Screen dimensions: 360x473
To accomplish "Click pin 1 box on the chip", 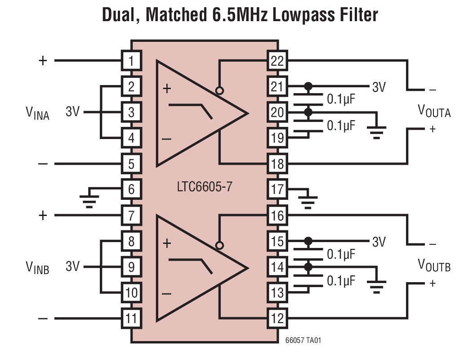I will (x=131, y=61).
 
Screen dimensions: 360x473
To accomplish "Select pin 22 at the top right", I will (x=277, y=61).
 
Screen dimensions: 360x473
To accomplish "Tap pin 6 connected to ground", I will (x=131, y=189).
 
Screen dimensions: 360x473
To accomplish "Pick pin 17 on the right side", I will (x=277, y=189).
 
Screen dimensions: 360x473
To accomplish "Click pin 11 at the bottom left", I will (x=131, y=319).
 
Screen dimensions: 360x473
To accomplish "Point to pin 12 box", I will (x=277, y=319).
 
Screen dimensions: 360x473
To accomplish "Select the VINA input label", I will (x=37, y=112).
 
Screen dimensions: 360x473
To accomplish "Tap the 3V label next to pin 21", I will (x=379, y=87).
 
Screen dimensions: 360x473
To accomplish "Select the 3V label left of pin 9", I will (x=72, y=266).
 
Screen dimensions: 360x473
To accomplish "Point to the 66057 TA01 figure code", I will (x=303, y=341).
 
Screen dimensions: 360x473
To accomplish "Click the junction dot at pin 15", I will (x=308, y=241).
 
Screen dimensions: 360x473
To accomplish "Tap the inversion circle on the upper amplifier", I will (x=219, y=90).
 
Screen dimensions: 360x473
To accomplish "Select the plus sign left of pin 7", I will (x=43, y=216).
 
